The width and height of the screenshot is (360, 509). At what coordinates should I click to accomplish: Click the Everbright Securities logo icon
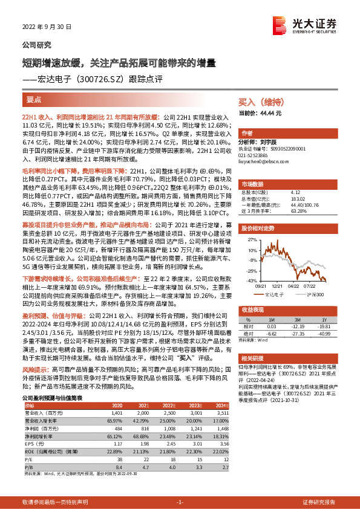click(x=280, y=24)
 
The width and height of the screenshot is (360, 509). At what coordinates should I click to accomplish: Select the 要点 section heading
click(x=34, y=98)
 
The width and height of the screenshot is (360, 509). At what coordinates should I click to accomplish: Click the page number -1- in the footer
click(x=180, y=502)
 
